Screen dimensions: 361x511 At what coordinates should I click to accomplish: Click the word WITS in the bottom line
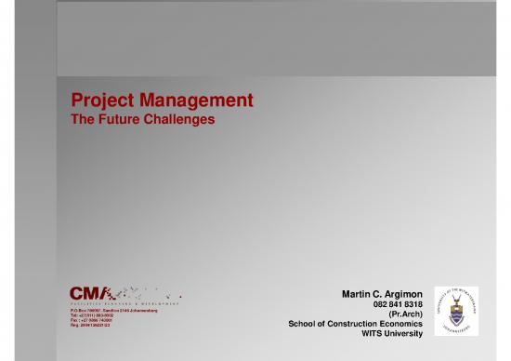coord(373,333)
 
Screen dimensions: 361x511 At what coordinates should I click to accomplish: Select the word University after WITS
coord(406,333)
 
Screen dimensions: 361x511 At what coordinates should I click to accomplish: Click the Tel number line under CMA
coord(92,315)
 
